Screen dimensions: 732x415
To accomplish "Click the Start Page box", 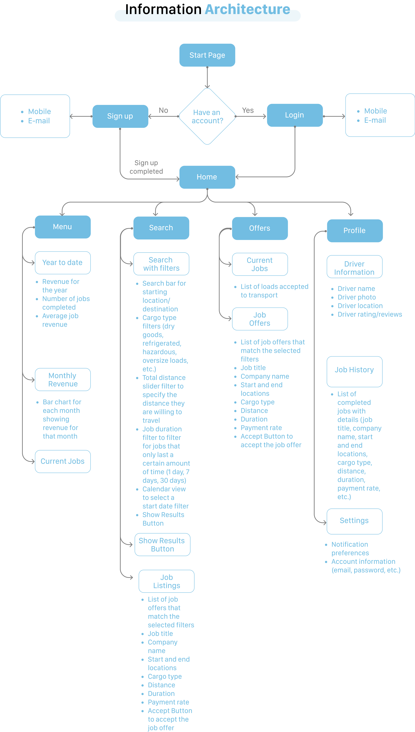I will [x=207, y=55].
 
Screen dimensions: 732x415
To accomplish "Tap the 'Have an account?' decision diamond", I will [x=207, y=116].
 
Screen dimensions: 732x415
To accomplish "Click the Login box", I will [x=295, y=115].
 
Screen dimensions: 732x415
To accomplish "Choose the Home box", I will [x=207, y=177].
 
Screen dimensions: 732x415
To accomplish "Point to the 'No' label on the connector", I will [x=163, y=110].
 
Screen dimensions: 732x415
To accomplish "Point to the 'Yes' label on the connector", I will [x=248, y=110].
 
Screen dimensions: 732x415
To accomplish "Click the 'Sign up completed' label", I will [x=146, y=167].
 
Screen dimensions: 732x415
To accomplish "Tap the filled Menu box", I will [x=63, y=227].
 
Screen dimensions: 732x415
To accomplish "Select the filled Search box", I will [x=161, y=228].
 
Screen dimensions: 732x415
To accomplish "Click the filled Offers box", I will [x=260, y=228].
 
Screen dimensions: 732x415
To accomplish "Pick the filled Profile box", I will [x=355, y=231].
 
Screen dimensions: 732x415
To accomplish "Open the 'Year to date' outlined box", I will [x=63, y=262].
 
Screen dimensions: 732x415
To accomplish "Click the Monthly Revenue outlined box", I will [x=63, y=379].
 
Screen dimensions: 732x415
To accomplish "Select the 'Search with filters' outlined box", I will [x=161, y=264].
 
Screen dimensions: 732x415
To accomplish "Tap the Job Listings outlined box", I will [x=166, y=581].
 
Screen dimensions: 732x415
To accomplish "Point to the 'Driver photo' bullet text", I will [x=357, y=297].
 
